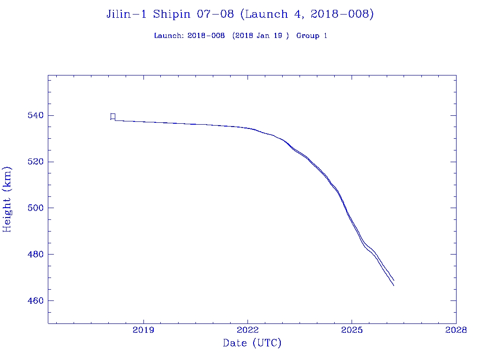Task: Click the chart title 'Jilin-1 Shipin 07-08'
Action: (x=170, y=15)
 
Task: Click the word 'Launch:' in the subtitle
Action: (x=169, y=36)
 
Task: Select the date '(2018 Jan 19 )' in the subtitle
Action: (x=260, y=36)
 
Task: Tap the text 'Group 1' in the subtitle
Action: (x=312, y=36)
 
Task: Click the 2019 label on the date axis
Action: (x=143, y=330)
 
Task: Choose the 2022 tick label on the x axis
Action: (x=248, y=330)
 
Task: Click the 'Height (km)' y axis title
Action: (x=7, y=199)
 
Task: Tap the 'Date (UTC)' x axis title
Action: (x=252, y=344)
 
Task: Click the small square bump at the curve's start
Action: (x=113, y=116)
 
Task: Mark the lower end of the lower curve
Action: (x=394, y=285)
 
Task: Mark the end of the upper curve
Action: (x=394, y=280)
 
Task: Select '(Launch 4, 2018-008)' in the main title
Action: (x=307, y=15)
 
